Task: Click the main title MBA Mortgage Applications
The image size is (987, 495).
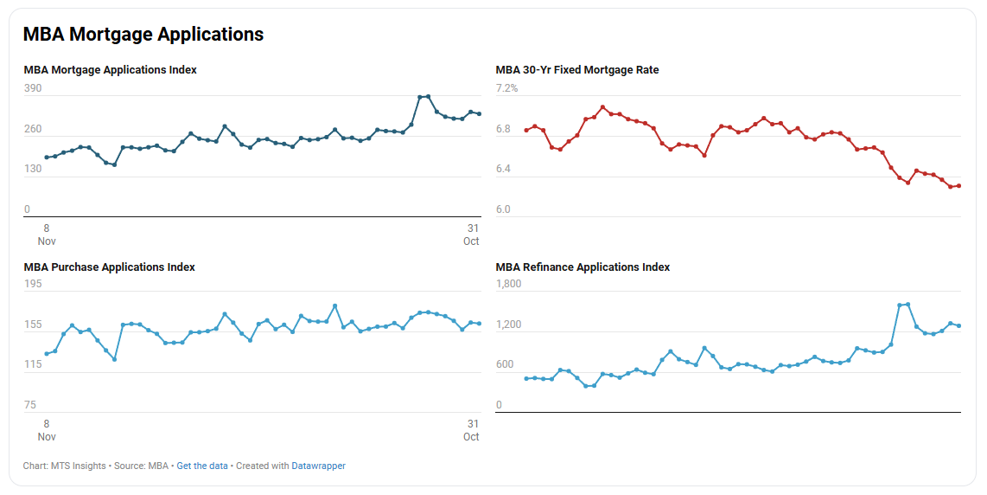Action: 143,35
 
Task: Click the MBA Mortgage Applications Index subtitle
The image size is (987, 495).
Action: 110,70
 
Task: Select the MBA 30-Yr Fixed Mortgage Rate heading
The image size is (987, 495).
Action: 576,70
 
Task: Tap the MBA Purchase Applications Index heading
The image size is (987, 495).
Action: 109,267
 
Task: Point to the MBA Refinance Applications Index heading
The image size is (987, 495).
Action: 583,267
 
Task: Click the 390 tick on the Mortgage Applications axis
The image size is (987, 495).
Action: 33,88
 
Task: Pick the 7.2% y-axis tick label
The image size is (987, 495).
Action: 506,88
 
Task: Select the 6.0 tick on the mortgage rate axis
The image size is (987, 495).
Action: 503,209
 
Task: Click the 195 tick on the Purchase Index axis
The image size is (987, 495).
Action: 33,284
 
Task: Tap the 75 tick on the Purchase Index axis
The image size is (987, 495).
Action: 30,405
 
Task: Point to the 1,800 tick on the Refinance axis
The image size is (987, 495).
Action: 508,284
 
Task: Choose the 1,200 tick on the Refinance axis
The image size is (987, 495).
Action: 508,325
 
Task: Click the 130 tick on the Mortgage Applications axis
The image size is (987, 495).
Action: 33,169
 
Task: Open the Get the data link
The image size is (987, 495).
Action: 202,466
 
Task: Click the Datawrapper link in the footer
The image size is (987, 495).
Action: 318,466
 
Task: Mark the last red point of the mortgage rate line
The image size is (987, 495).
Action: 959,186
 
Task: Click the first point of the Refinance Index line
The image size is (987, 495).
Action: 526,378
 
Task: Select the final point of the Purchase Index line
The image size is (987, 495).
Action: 479,324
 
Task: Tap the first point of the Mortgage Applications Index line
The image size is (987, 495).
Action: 47,157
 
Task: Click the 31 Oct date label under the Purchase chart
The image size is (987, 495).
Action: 472,430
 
